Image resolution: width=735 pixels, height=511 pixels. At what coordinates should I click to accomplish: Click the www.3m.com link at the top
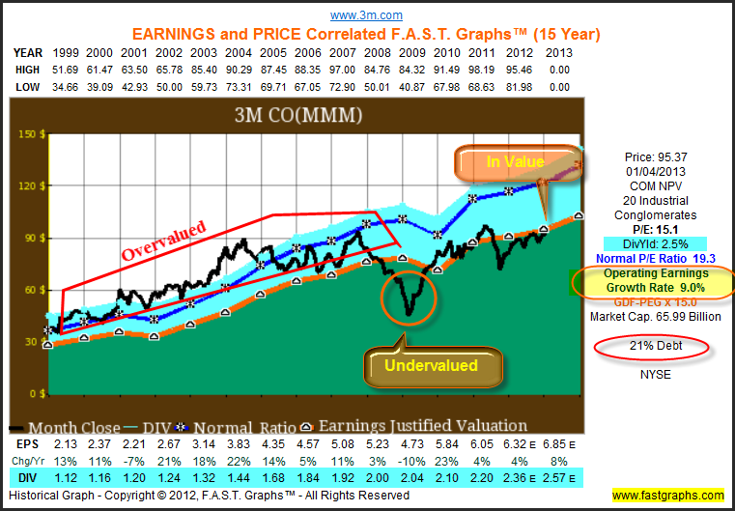point(367,15)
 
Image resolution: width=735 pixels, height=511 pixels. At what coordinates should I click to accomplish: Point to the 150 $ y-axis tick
point(30,134)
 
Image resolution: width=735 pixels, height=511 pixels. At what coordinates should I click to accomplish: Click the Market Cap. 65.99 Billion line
point(656,316)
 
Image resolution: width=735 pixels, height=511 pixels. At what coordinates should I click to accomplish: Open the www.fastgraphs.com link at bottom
point(666,496)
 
